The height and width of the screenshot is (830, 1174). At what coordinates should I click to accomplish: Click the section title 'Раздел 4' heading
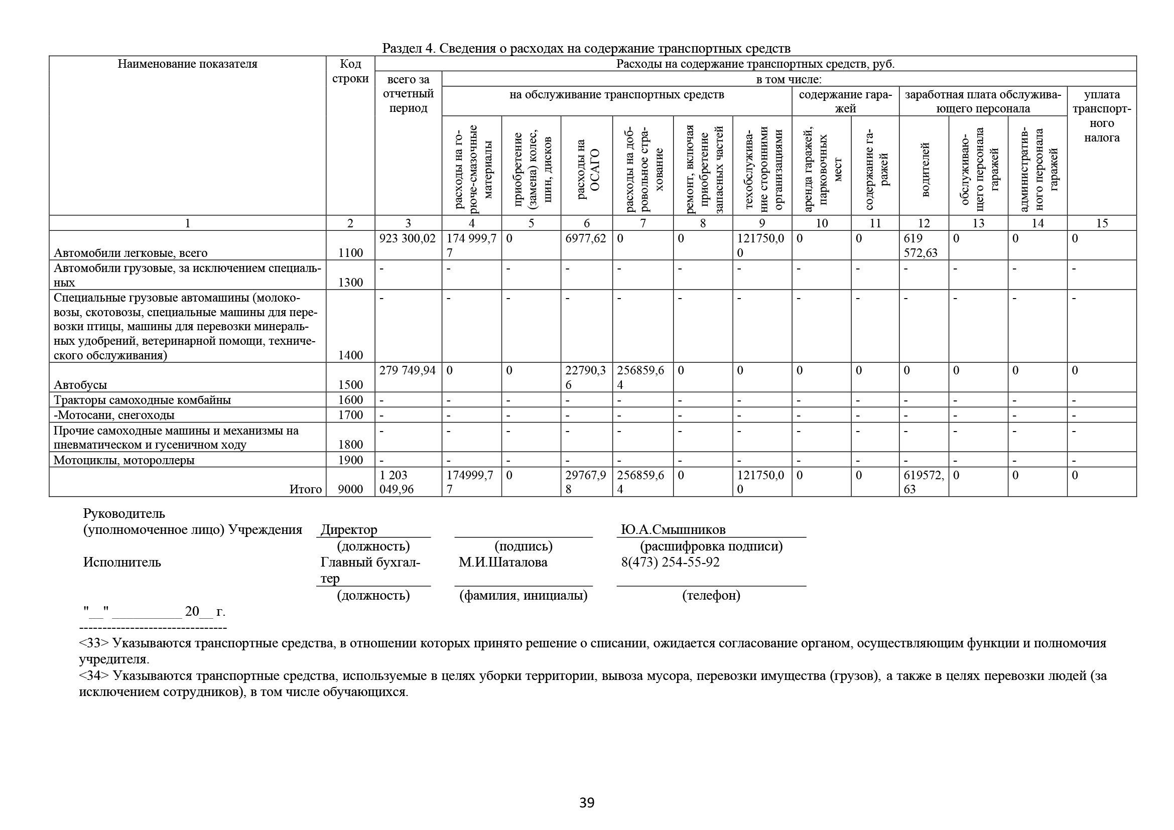coord(586,49)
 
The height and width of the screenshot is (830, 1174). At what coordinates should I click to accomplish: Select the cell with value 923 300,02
coord(407,238)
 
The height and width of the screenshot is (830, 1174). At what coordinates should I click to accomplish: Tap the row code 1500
coord(350,385)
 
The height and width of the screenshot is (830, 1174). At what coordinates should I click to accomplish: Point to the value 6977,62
coord(585,238)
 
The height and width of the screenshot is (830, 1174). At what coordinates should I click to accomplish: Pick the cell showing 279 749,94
coord(407,370)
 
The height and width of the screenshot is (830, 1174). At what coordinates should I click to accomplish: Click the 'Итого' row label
coord(305,489)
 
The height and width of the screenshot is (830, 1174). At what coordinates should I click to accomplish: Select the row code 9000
coord(350,489)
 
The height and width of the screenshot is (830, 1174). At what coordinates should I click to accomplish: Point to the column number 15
coord(1101,223)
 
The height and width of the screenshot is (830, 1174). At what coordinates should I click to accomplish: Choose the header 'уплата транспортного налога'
coord(1101,116)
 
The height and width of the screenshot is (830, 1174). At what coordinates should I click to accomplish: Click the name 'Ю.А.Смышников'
coord(673,529)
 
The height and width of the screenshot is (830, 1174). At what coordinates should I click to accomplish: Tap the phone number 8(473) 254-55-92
coord(670,562)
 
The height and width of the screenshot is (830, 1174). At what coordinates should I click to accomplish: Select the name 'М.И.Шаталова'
coord(502,562)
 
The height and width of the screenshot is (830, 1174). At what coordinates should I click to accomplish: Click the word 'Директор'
coord(349,529)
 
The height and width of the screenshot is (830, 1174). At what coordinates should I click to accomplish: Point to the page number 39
coord(586,803)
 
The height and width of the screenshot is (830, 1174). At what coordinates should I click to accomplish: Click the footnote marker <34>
coord(94,675)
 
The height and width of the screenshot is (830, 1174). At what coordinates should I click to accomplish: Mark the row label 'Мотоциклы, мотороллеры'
coord(124,460)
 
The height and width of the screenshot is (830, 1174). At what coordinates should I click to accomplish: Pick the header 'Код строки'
coord(350,72)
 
